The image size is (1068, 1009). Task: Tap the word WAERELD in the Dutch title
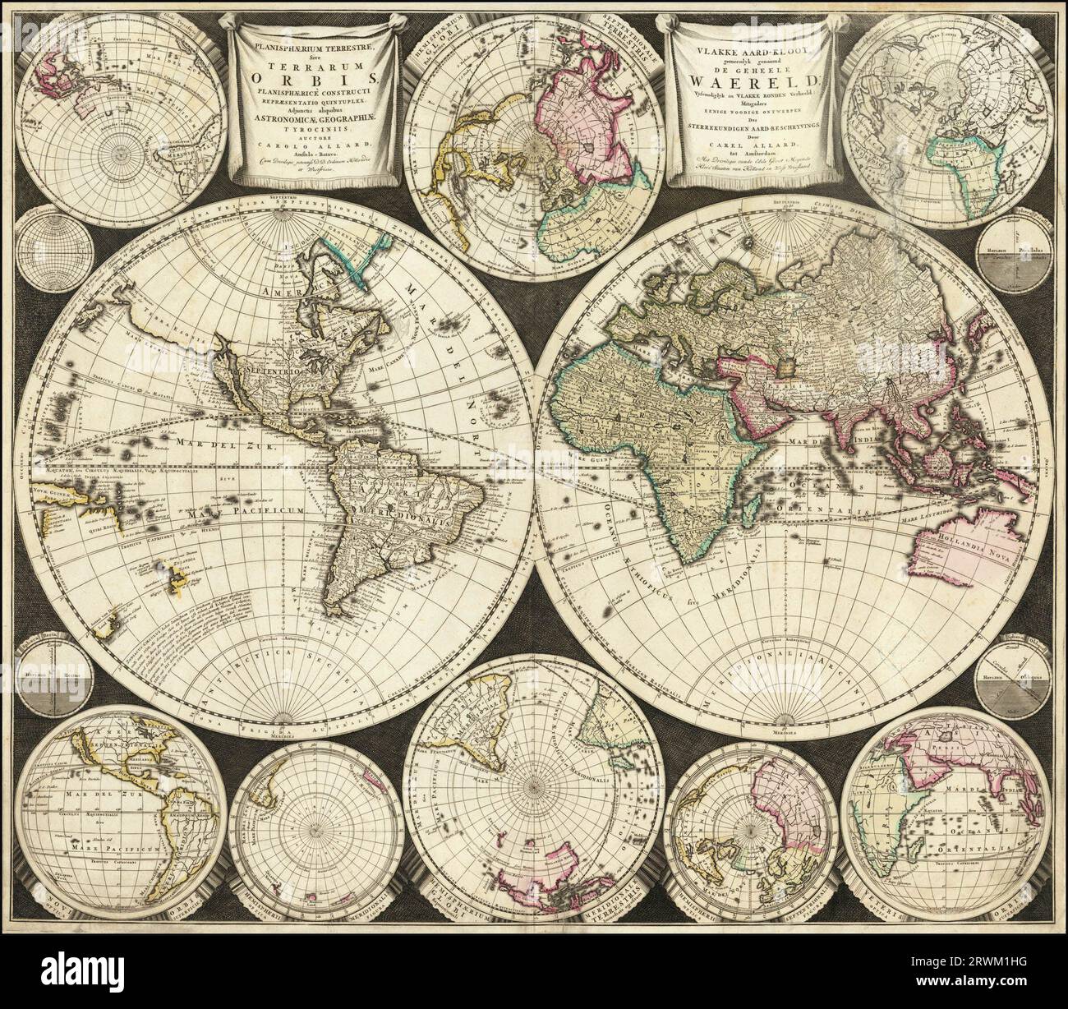click(748, 80)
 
